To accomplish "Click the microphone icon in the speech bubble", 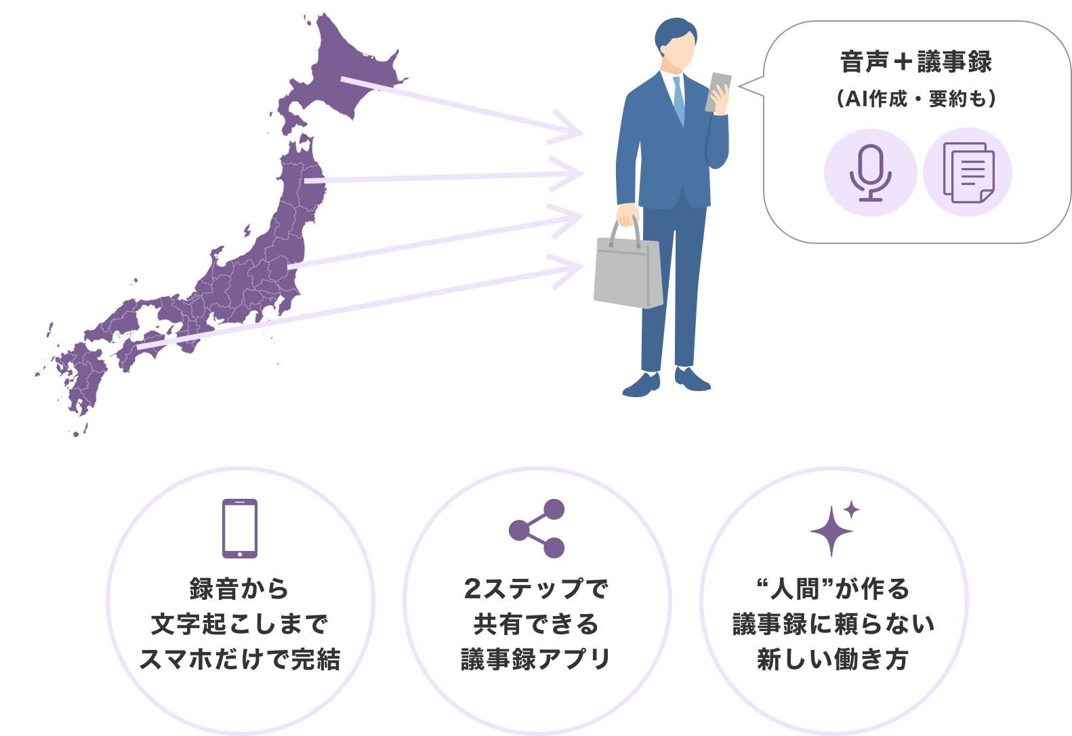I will [870, 173].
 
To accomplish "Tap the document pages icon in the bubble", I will [968, 173].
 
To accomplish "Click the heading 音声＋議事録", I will [915, 62].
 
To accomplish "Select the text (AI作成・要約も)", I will [916, 99].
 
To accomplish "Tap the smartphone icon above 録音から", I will [240, 529].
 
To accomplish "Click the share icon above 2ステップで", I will [537, 529].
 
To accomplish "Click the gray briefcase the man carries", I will [628, 271].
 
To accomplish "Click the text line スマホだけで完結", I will [240, 659].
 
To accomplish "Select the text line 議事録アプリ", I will [537, 659].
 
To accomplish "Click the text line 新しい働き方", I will [833, 659].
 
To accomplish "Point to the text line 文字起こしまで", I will [240, 623].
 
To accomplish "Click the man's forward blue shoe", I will [640, 386].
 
